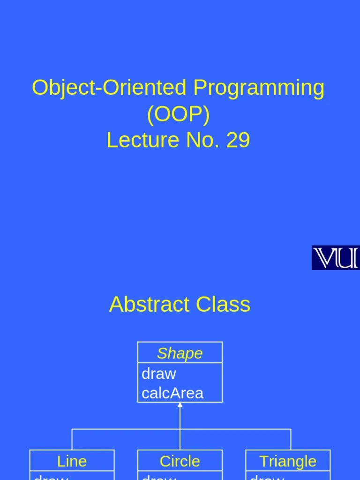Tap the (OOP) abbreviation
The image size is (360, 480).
point(178,114)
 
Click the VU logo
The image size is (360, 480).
point(335,257)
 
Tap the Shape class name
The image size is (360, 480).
point(180,353)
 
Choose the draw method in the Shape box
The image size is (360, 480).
point(159,374)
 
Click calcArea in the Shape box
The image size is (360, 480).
point(172,393)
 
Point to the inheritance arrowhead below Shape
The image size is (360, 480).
point(180,405)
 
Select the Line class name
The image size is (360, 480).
point(72,461)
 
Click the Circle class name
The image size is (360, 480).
point(180,461)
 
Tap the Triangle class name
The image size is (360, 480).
point(288,461)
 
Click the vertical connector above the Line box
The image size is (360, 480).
point(72,440)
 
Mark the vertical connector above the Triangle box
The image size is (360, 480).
point(291,440)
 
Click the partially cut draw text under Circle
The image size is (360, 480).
point(159,477)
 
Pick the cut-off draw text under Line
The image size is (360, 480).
point(51,477)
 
